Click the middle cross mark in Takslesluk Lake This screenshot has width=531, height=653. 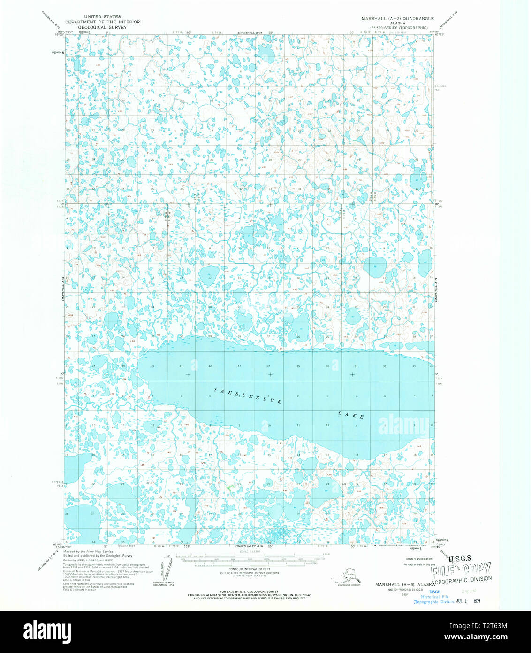(270, 374)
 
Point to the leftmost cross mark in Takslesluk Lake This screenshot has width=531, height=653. (188, 374)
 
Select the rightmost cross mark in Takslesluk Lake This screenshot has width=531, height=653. (352, 374)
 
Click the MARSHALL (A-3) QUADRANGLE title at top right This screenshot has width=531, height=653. (397, 18)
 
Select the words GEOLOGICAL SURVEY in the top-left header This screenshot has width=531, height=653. (102, 27)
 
